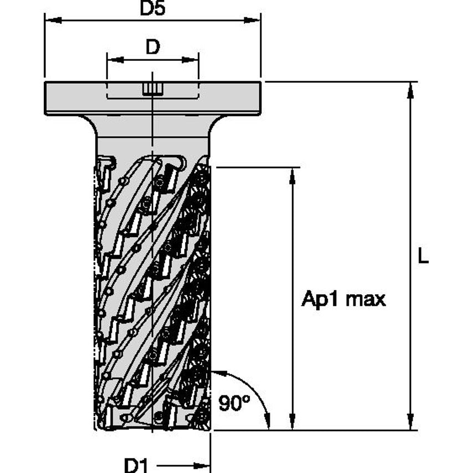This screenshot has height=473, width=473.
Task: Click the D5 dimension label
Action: (152, 9)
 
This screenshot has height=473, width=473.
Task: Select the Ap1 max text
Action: (343, 300)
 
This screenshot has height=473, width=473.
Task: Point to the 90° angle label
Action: (231, 403)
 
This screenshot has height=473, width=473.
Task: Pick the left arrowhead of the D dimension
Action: (112, 59)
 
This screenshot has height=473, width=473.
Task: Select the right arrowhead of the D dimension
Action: (193, 59)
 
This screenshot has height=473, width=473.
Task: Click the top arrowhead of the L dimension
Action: (410, 89)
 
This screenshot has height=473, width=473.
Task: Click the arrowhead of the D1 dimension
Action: (205, 464)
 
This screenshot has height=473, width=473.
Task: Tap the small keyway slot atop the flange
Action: (151, 89)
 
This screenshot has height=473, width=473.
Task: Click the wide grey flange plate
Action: (72, 99)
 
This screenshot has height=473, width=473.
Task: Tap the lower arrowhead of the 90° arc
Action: (268, 423)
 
